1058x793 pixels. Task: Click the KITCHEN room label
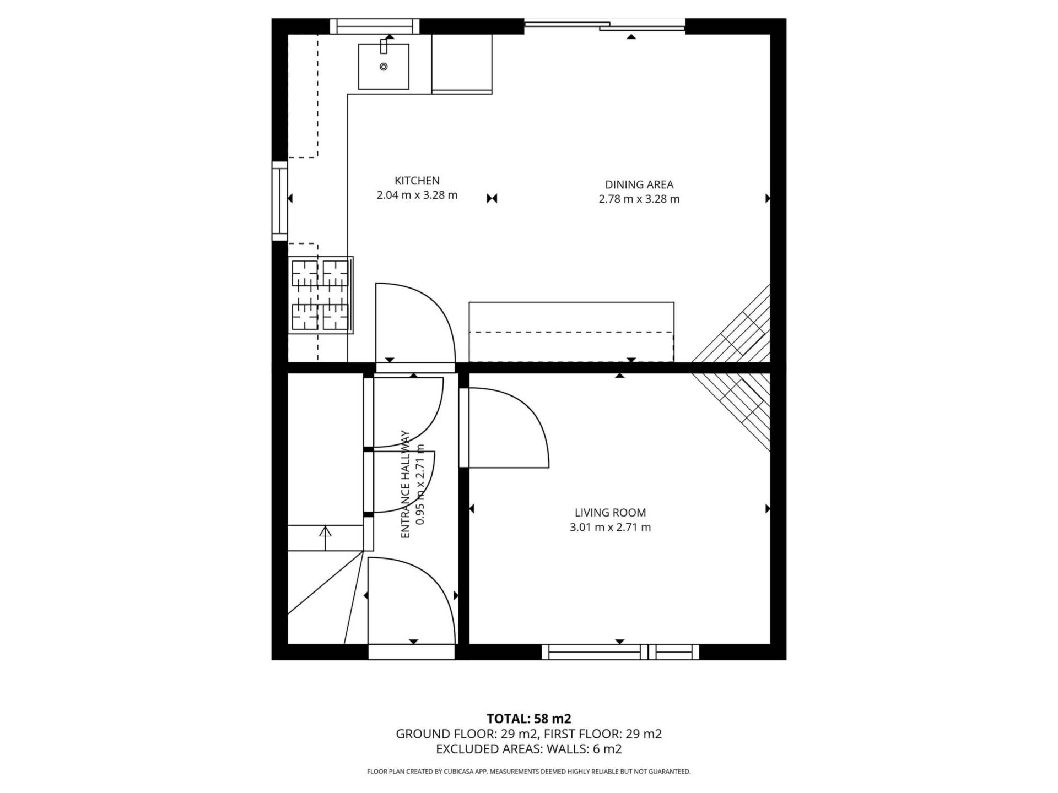[417, 181]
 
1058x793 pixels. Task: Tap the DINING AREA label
[639, 184]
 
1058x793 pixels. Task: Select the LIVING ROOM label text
[610, 513]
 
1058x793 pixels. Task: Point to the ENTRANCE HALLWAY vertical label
[406, 484]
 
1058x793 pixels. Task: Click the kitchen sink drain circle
[384, 67]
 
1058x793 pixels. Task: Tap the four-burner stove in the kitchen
[321, 295]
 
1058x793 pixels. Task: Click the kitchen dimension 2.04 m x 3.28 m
[417, 195]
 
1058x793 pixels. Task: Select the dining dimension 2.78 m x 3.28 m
[639, 199]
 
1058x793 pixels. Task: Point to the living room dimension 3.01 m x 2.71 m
[610, 527]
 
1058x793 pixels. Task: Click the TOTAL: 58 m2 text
[529, 719]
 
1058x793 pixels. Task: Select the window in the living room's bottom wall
[620, 652]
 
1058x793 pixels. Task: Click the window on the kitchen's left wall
[280, 201]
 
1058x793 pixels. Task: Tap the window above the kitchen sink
[375, 26]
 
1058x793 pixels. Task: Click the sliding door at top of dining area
[604, 24]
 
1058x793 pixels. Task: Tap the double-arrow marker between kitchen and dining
[492, 198]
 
